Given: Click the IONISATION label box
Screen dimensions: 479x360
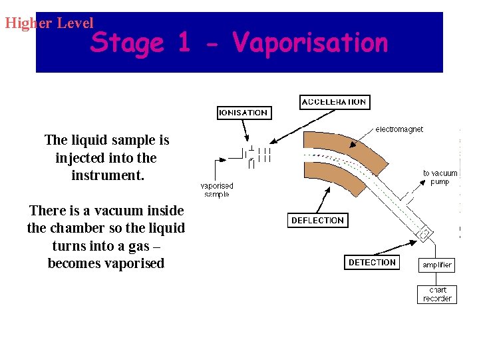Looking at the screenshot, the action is (x=244, y=113).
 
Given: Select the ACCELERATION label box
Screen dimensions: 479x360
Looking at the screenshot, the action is (x=334, y=102).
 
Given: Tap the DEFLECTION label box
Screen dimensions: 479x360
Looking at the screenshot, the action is (x=317, y=220).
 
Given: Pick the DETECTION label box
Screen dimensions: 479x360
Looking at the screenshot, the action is (x=371, y=263).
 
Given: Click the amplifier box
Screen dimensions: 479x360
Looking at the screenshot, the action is (x=437, y=265).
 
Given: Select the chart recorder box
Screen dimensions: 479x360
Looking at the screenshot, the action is (x=437, y=294).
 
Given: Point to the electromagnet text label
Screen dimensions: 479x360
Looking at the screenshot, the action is (x=399, y=129).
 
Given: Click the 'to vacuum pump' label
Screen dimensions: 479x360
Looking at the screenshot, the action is (x=440, y=177).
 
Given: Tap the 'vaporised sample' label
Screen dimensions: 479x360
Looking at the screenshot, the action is (x=217, y=190).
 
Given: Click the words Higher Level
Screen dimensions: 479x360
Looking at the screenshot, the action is (x=49, y=23).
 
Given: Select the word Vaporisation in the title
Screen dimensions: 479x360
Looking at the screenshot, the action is (x=311, y=43).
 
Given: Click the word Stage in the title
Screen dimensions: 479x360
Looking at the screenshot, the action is (x=127, y=43).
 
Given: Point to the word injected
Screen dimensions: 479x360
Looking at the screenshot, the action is (x=79, y=158).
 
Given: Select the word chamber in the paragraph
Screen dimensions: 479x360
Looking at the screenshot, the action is (x=74, y=228).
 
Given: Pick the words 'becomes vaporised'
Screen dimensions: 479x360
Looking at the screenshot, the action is (x=106, y=263).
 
